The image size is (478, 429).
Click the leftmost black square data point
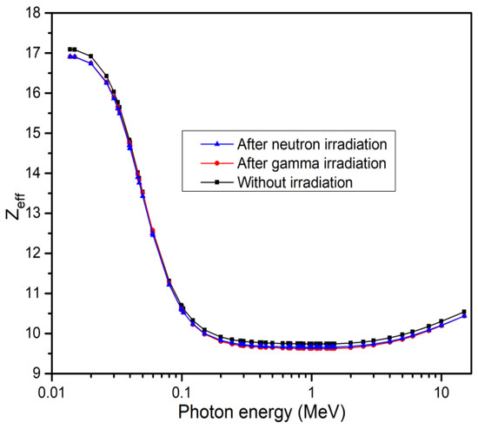click(70, 49)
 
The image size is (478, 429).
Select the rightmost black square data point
click(464, 312)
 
